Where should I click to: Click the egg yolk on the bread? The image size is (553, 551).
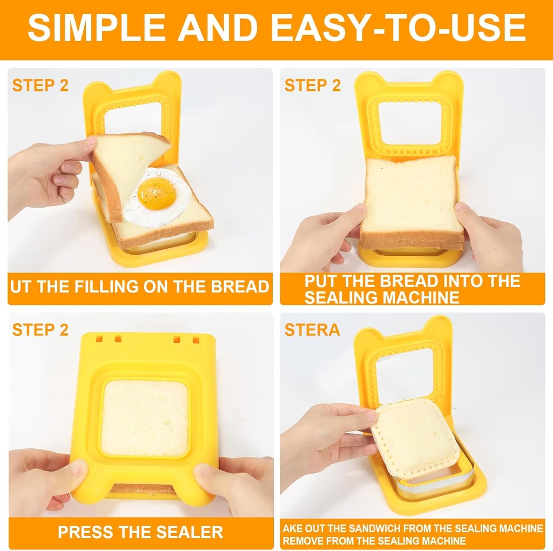(157, 193)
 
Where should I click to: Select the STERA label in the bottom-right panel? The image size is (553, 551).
(312, 329)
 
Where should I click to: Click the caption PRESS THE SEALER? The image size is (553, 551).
(140, 532)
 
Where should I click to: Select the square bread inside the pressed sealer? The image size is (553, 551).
(145, 417)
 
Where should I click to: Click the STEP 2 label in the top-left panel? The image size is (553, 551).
(41, 85)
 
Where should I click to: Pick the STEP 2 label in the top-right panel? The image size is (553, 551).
(313, 85)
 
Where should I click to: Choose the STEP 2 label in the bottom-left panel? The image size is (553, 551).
(41, 330)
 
